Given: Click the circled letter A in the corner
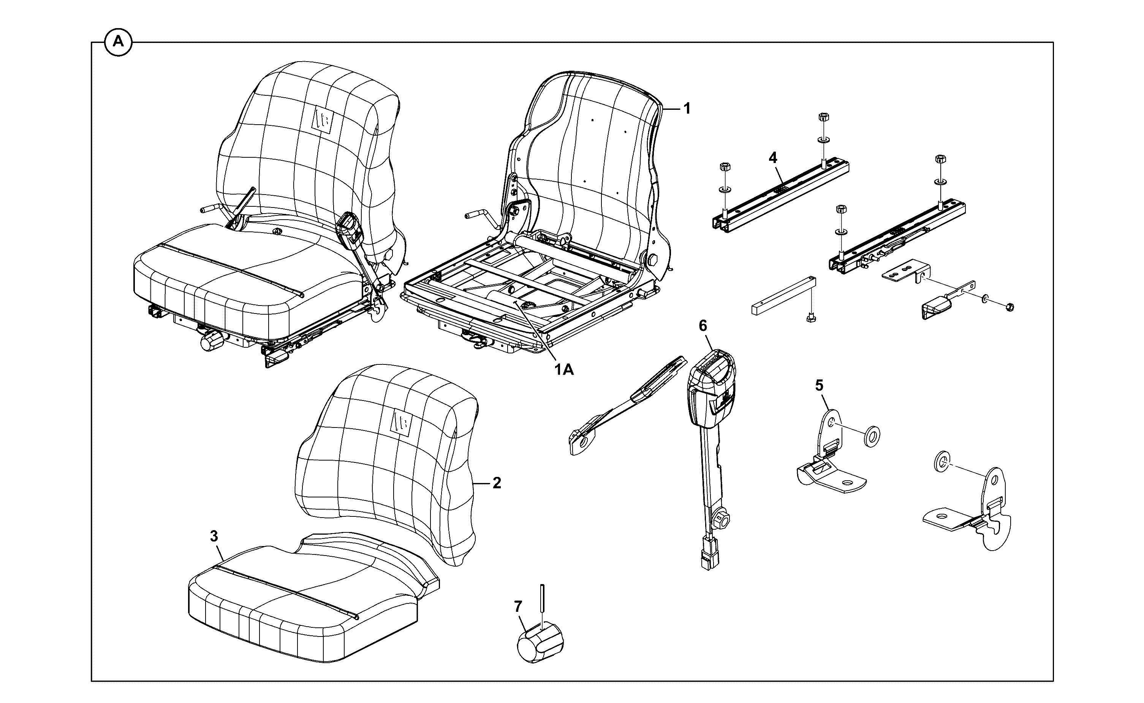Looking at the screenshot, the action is pos(119,42).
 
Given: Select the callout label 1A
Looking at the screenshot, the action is pos(563,370).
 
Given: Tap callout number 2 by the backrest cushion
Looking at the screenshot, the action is pos(497,483).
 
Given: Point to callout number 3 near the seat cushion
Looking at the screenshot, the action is pos(214,536).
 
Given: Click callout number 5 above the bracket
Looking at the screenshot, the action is pos(819,385).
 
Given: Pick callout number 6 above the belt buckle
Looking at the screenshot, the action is pos(703,326).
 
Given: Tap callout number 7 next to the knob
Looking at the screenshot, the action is pos(518,606).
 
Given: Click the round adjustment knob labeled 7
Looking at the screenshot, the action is pos(540,643).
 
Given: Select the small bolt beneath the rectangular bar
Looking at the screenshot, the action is pos(811,318).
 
